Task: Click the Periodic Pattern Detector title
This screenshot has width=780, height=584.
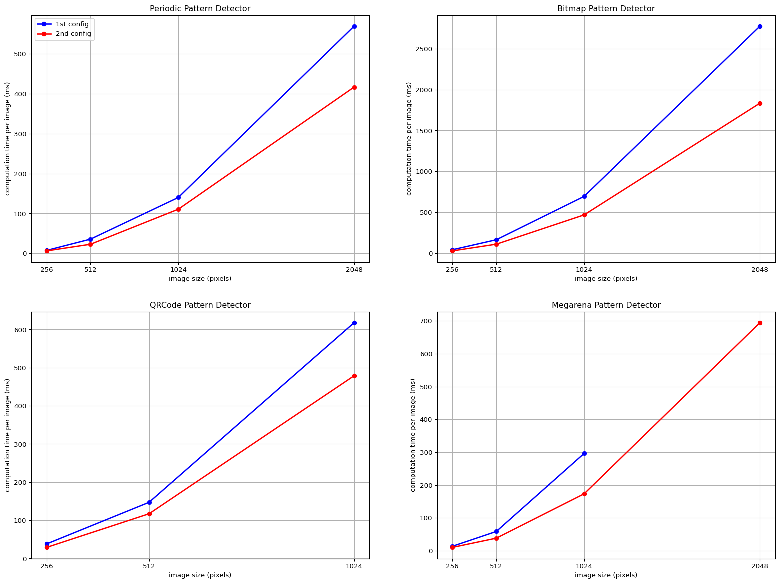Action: pos(200,9)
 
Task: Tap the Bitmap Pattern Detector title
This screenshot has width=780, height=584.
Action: pos(606,9)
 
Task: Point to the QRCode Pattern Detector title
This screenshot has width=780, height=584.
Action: pos(200,305)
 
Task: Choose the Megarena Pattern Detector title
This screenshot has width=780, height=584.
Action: pos(606,305)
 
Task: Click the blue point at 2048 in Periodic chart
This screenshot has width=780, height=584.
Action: pos(354,26)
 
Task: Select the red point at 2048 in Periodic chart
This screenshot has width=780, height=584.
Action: pos(354,87)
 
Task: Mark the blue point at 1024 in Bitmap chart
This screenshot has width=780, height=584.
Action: pos(584,196)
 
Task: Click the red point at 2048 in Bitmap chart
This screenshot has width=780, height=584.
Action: pos(760,103)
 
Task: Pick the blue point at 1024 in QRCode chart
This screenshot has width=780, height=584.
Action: pos(354,323)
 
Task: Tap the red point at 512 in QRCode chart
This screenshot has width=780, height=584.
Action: pos(149,514)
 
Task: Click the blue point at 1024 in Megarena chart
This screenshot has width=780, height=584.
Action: pos(584,453)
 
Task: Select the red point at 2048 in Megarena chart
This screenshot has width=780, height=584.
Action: pos(760,323)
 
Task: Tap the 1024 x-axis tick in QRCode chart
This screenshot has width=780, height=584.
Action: pos(354,566)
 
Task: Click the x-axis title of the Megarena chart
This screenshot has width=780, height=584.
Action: pos(606,575)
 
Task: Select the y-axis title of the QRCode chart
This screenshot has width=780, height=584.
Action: pos(8,435)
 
